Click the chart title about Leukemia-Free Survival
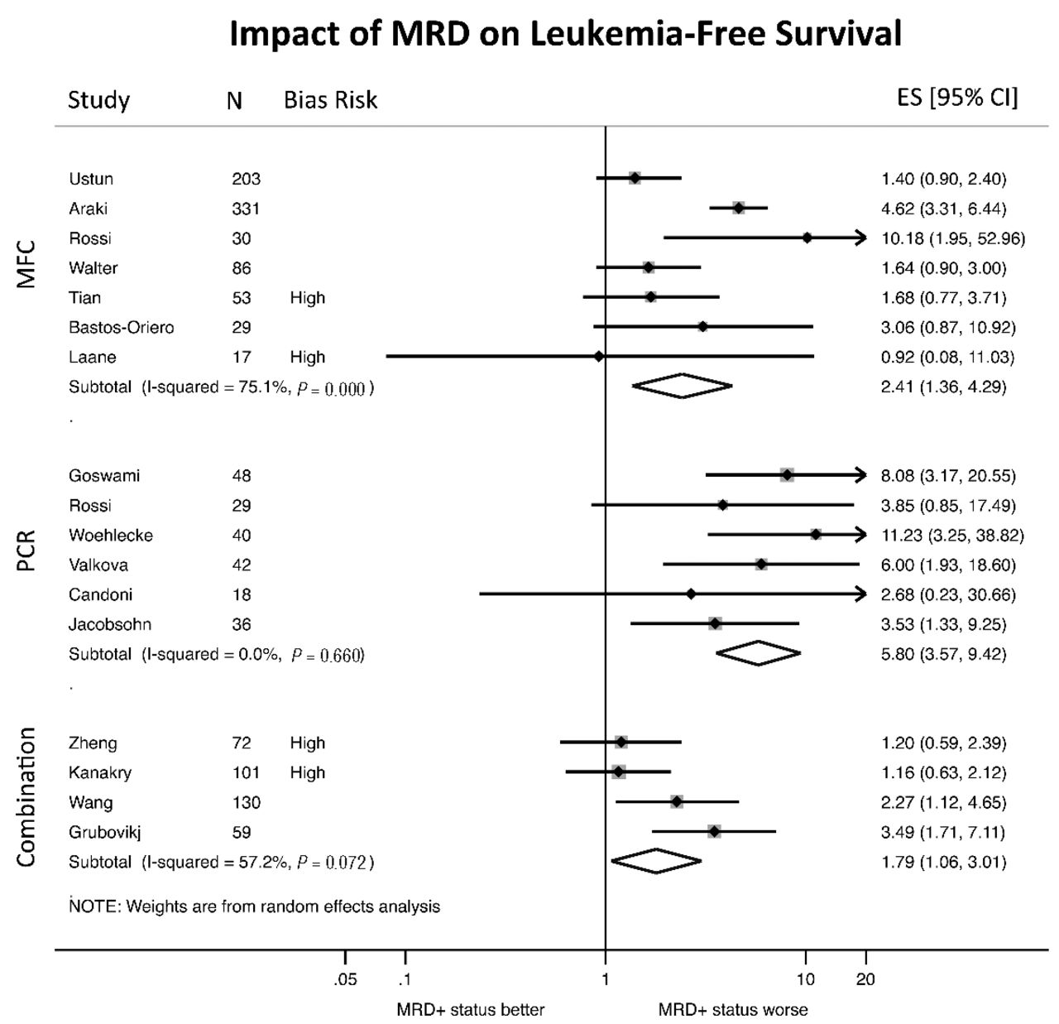(x=565, y=34)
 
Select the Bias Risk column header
(x=330, y=100)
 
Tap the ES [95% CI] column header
(x=957, y=98)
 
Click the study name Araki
(x=89, y=209)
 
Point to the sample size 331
(x=246, y=209)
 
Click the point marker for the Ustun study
(x=635, y=178)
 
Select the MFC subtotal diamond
(x=682, y=386)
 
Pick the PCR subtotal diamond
(x=758, y=653)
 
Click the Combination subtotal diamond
(x=656, y=861)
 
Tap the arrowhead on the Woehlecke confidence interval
(x=861, y=535)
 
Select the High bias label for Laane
(x=307, y=358)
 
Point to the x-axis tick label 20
(x=865, y=980)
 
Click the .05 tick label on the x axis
(x=345, y=980)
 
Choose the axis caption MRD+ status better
(x=470, y=1010)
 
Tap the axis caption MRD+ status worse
(x=732, y=1010)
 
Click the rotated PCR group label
(x=26, y=550)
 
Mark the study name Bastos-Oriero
(x=122, y=328)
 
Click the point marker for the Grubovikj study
(x=714, y=831)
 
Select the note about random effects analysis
(x=255, y=906)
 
